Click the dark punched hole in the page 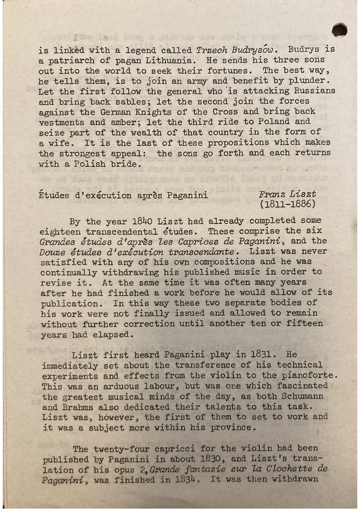click(x=340, y=30)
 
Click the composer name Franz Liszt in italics click(x=287, y=194)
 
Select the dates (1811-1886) click(x=287, y=204)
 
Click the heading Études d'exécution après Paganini click(x=124, y=196)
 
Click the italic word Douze click(x=52, y=252)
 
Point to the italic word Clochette click(x=287, y=469)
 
